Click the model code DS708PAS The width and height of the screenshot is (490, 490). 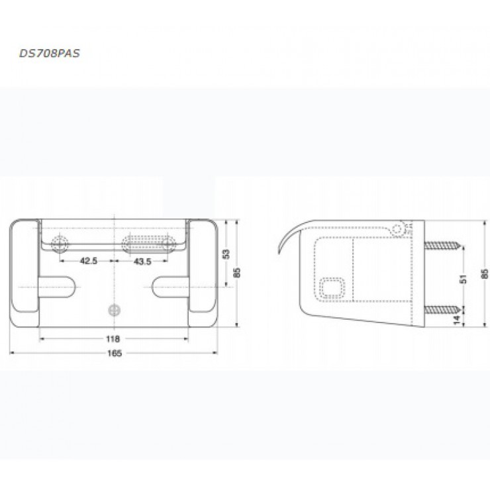coord(46,54)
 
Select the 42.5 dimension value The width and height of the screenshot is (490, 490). coord(89,262)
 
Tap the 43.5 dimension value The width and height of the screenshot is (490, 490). coord(143,262)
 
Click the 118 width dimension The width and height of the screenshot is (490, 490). coord(113,338)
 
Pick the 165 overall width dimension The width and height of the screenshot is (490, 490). coord(113,353)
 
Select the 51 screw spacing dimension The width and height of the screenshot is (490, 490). coord(464,278)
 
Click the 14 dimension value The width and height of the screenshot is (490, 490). coord(464,319)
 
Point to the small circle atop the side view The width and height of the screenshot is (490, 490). coord(397,228)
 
